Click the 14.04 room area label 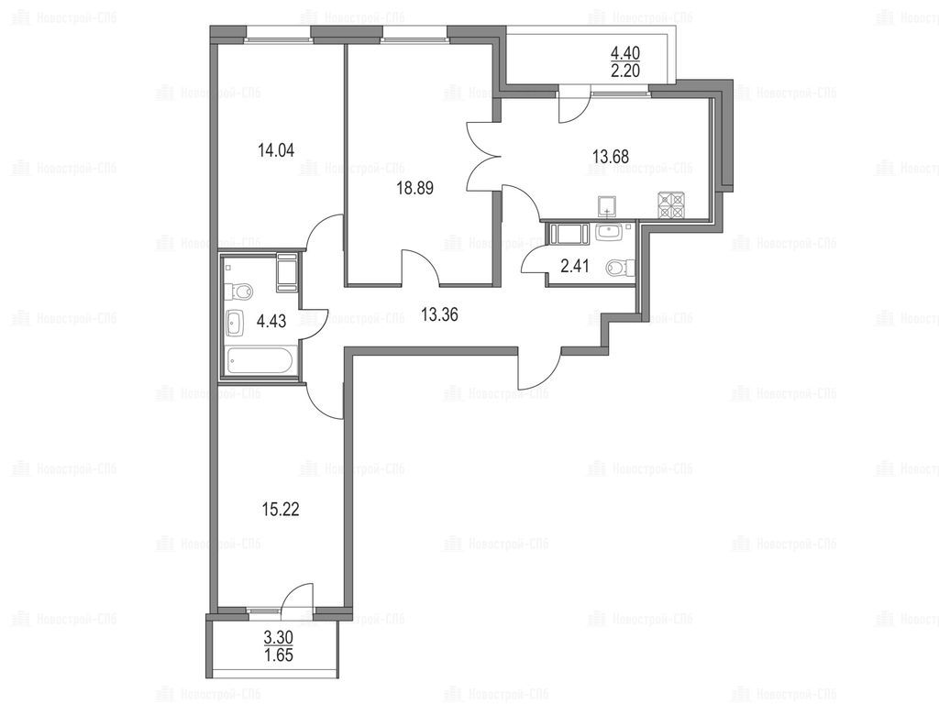pyautogui.click(x=275, y=149)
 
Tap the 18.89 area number pyautogui.click(x=414, y=189)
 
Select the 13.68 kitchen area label pyautogui.click(x=611, y=157)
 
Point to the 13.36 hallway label pyautogui.click(x=439, y=315)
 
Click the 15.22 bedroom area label pyautogui.click(x=281, y=510)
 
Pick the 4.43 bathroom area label pyautogui.click(x=271, y=322)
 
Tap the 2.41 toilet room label pyautogui.click(x=575, y=266)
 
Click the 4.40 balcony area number pyautogui.click(x=625, y=54)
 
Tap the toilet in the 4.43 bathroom pyautogui.click(x=238, y=291)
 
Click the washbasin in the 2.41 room pyautogui.click(x=610, y=232)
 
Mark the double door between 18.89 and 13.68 pyautogui.click(x=484, y=157)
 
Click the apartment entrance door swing pyautogui.click(x=539, y=368)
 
